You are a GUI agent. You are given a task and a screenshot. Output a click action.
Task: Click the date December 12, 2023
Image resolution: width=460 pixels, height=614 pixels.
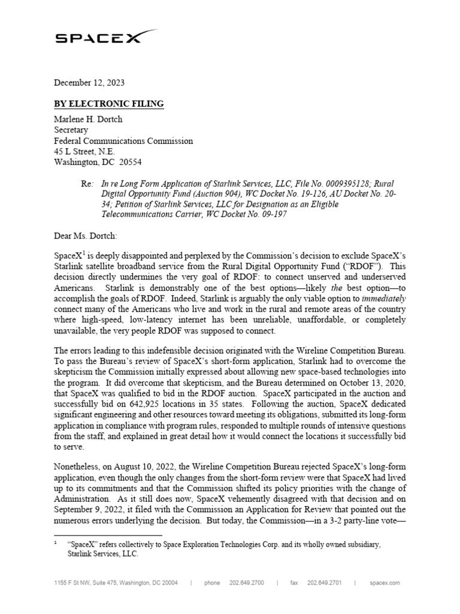tap(89, 83)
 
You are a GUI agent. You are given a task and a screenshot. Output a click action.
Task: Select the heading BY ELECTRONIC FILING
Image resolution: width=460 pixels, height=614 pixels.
tap(108, 104)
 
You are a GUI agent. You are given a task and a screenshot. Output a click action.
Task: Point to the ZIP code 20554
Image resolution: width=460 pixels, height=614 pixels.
tap(130, 162)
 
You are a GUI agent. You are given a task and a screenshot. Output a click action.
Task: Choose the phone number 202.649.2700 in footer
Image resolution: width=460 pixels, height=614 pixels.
tap(246, 582)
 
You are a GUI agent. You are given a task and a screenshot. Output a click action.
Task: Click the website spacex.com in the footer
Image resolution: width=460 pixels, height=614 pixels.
tap(385, 582)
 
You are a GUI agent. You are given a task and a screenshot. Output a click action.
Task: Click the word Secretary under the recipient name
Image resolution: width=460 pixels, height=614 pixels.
tap(71, 130)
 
